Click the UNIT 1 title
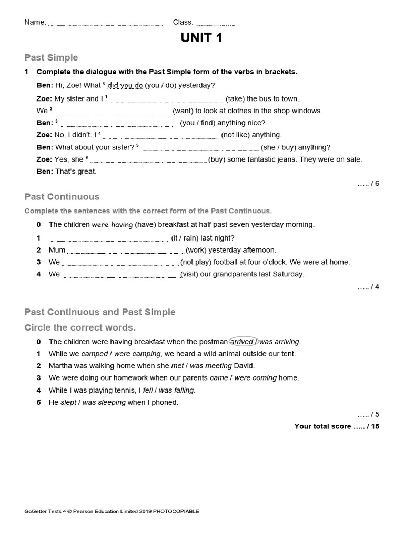[x=202, y=38]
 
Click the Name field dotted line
[x=105, y=24]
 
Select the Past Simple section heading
[x=51, y=57]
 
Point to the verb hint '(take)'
[x=235, y=98]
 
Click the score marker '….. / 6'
[x=368, y=183]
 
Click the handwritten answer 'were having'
[x=112, y=225]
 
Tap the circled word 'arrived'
[x=243, y=342]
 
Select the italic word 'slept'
[x=68, y=402]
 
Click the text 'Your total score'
[x=322, y=426]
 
